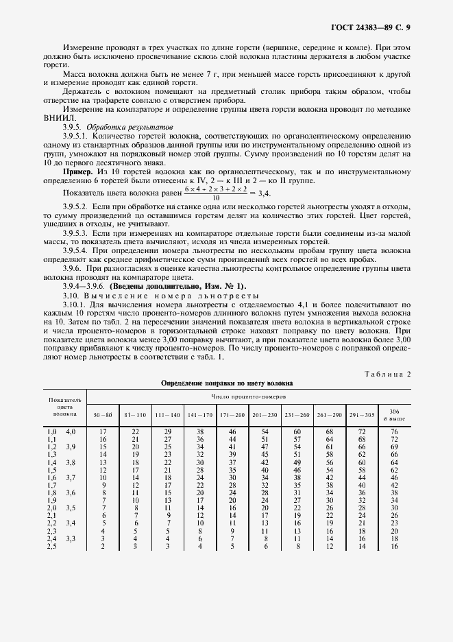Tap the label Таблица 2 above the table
tap(389, 374)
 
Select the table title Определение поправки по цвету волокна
tap(227, 384)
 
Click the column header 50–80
tap(102, 416)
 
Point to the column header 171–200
tap(232, 416)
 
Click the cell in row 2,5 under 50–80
tap(102, 546)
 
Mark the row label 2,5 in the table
tap(51, 546)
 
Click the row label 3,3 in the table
tap(71, 538)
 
